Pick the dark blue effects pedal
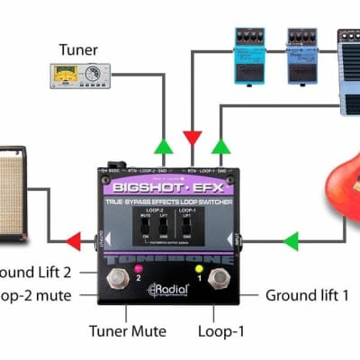(x=301, y=48)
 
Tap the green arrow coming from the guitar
(x=290, y=240)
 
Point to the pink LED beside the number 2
(x=139, y=268)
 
